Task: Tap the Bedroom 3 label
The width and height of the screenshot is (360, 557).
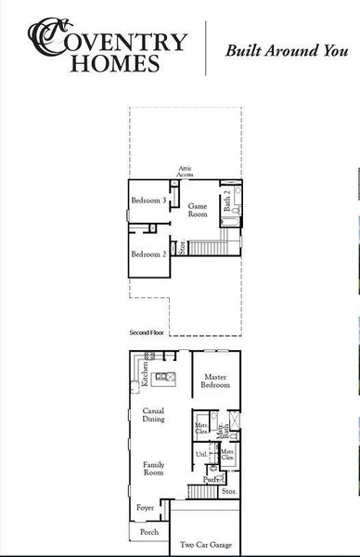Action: coord(148,201)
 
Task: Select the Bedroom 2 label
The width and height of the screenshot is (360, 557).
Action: coord(148,254)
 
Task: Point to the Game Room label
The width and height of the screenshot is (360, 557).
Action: coord(198,210)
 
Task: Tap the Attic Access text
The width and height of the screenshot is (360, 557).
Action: coord(186,171)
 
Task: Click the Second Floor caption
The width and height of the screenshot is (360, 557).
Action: coord(147,331)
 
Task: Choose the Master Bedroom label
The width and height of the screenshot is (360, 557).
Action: coord(215,382)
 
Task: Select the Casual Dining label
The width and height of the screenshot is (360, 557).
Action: coord(154,415)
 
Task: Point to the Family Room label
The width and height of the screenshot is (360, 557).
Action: coord(154,468)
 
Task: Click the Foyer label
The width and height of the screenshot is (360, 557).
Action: coord(146,508)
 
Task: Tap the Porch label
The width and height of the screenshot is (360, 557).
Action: coord(148,532)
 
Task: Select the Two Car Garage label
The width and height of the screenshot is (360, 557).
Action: coord(206,546)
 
